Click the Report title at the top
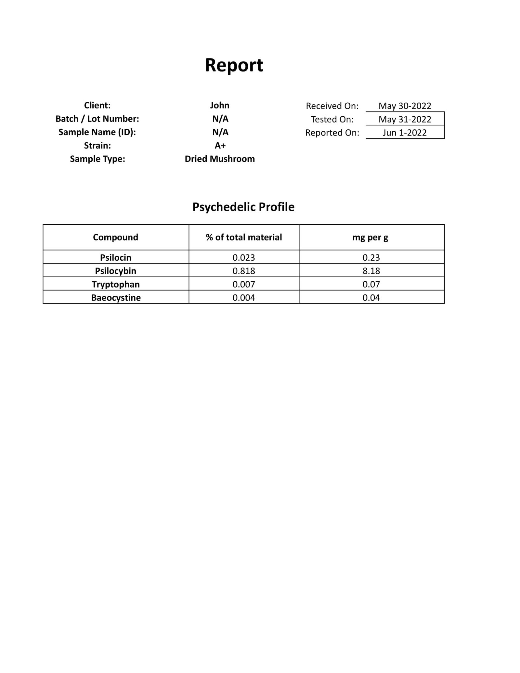tap(234, 65)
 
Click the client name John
tap(220, 105)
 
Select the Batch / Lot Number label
tap(97, 119)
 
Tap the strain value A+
tap(220, 146)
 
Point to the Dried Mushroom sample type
tap(220, 159)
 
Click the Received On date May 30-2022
tap(405, 106)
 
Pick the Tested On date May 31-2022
tap(405, 119)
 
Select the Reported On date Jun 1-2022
tap(405, 133)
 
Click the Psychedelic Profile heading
tap(243, 207)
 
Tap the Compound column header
tap(115, 237)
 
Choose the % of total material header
tap(244, 237)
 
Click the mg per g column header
tap(370, 238)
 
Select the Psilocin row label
tap(116, 257)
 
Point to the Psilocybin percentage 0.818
tap(244, 271)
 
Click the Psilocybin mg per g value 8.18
tap(371, 271)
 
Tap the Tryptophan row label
tap(116, 284)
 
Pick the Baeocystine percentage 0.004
tap(244, 298)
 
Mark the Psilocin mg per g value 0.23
tap(371, 257)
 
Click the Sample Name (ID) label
tap(97, 132)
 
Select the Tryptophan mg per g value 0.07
tap(371, 284)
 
